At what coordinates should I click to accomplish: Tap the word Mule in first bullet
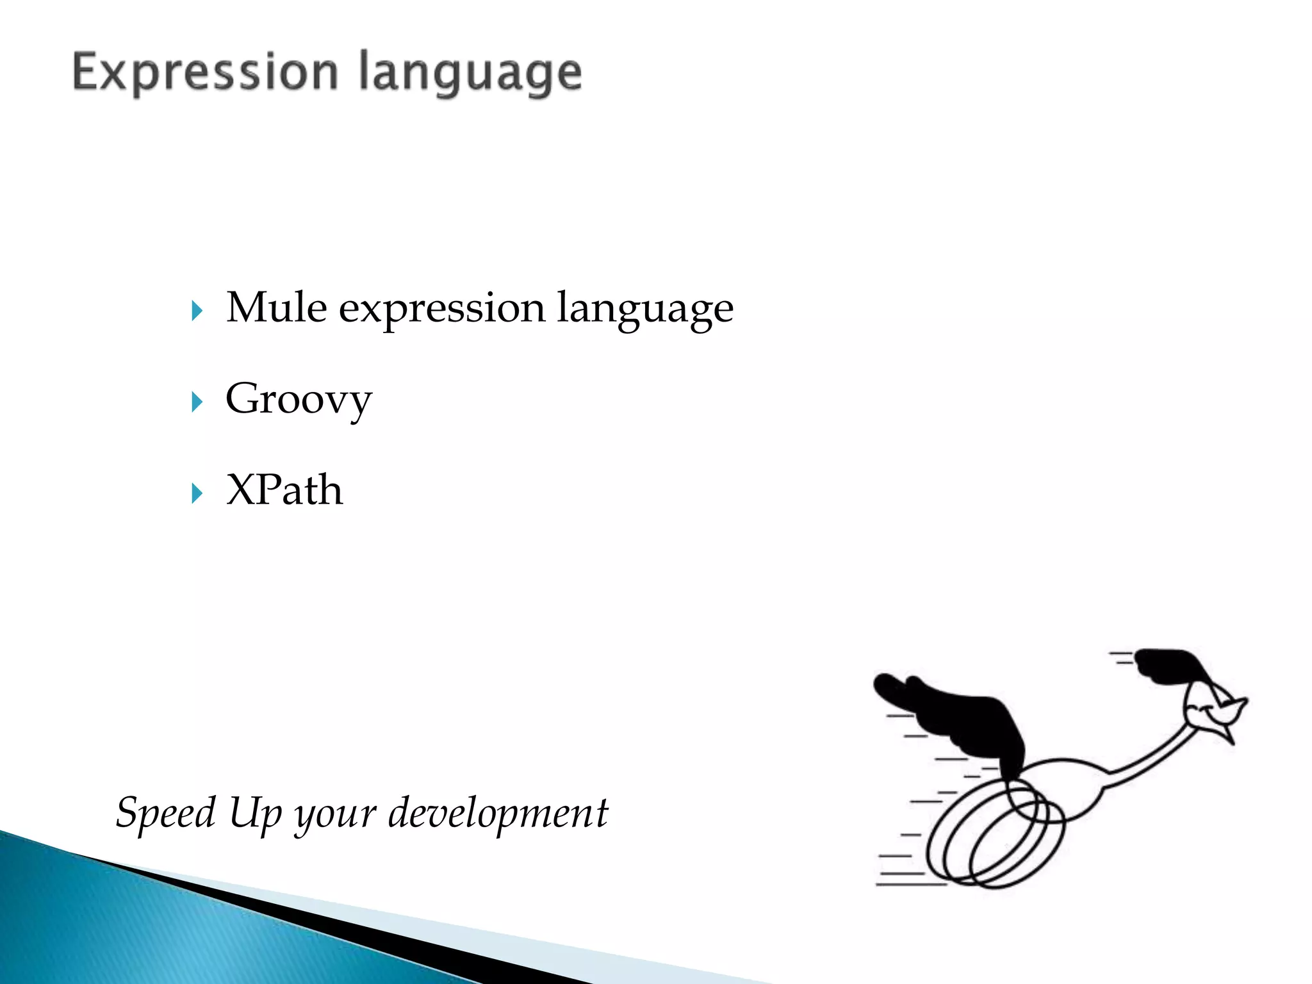click(277, 308)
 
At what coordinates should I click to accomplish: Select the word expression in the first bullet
click(441, 309)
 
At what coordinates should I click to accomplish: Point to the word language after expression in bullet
click(644, 309)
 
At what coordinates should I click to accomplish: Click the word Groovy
click(299, 400)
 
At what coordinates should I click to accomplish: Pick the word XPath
click(284, 491)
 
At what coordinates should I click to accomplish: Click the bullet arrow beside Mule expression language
click(197, 311)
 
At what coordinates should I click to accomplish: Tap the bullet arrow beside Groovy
click(197, 402)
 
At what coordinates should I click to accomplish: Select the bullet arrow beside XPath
click(197, 493)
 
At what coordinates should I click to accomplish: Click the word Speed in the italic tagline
click(166, 813)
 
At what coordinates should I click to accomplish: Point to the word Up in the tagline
click(255, 814)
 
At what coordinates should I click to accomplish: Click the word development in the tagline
click(498, 814)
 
